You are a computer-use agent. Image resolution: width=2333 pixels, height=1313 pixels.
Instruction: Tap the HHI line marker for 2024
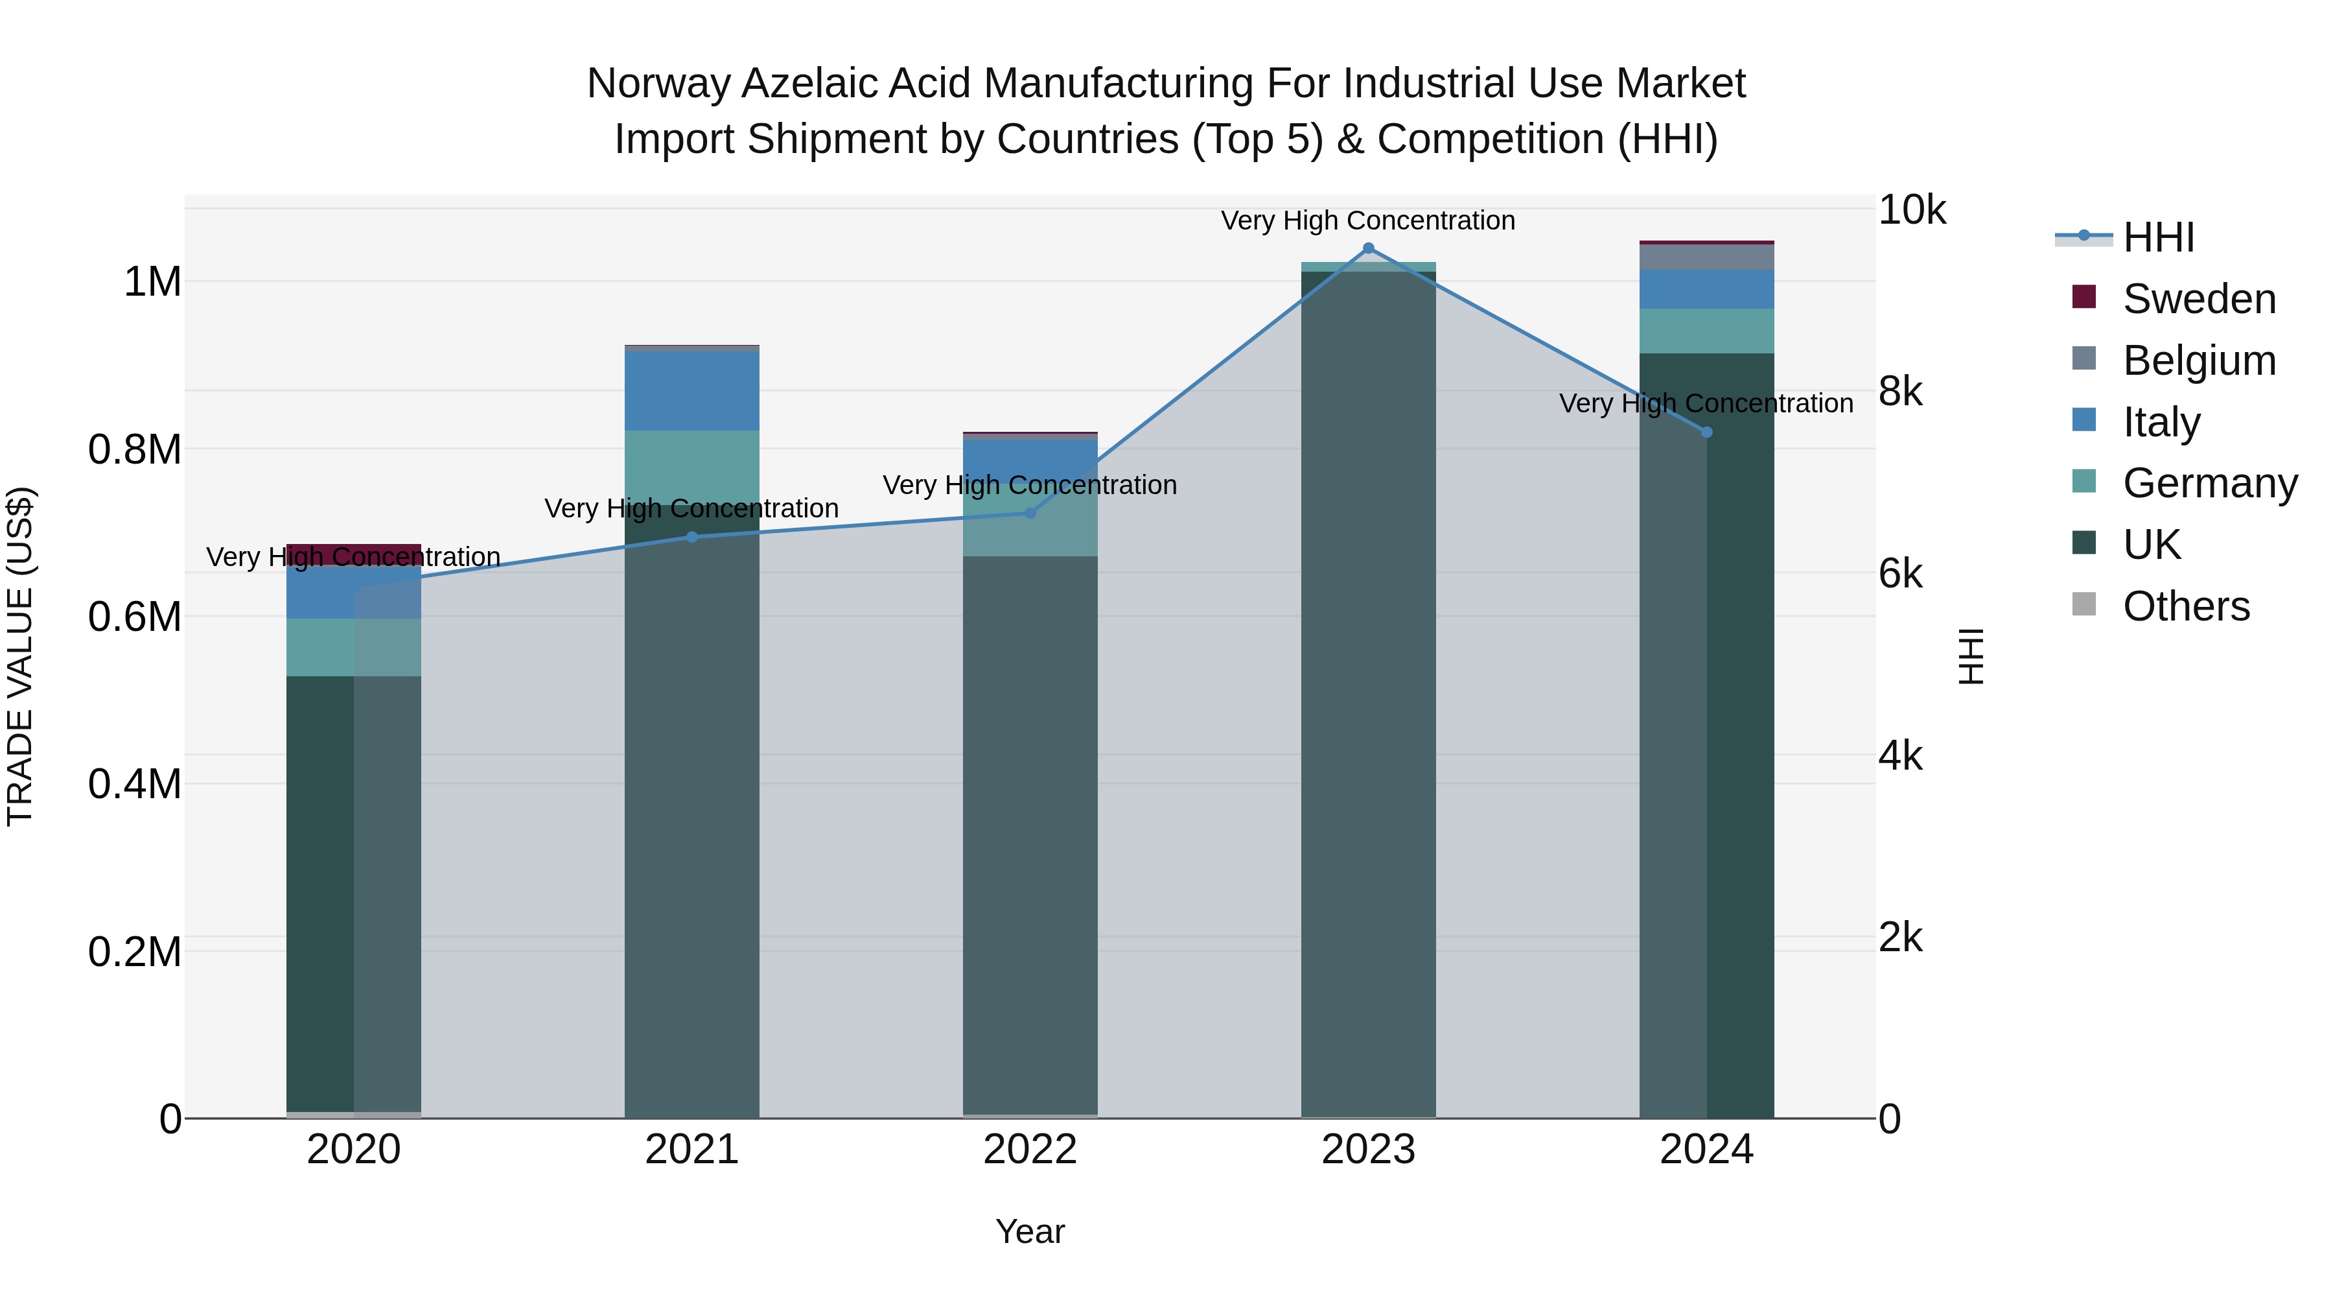pyautogui.click(x=1706, y=432)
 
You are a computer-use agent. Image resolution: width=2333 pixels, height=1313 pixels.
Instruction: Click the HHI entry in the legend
pyautogui.click(x=2157, y=237)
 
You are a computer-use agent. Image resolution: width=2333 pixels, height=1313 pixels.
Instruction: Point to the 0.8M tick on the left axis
pyautogui.click(x=134, y=449)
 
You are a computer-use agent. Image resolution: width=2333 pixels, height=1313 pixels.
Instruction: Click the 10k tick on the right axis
pyautogui.click(x=1911, y=210)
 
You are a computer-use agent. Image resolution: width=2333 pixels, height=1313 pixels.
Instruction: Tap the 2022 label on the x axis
pyautogui.click(x=1030, y=1150)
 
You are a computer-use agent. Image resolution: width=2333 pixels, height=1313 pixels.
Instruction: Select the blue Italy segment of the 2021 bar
pyautogui.click(x=692, y=390)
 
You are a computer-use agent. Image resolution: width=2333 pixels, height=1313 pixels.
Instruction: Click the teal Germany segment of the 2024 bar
pyautogui.click(x=1706, y=331)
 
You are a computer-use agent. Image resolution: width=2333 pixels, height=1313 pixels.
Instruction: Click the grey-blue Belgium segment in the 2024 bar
pyautogui.click(x=1706, y=257)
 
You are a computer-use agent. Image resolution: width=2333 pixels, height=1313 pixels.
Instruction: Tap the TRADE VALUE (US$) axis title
pyautogui.click(x=20, y=656)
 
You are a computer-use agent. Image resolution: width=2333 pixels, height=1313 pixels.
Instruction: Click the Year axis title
pyautogui.click(x=1030, y=1231)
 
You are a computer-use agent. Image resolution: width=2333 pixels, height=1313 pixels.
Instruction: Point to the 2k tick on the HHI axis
pyautogui.click(x=1900, y=938)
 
